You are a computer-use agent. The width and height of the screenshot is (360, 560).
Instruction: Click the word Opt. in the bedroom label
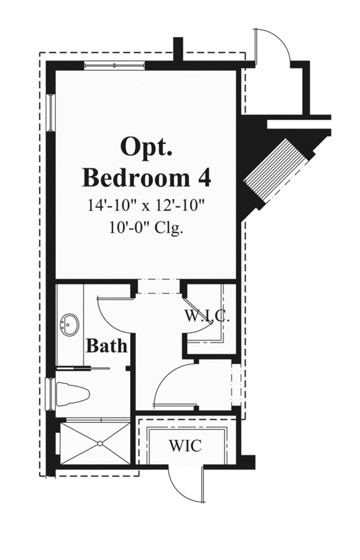click(x=146, y=147)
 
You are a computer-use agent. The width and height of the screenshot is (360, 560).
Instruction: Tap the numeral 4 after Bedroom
click(x=205, y=177)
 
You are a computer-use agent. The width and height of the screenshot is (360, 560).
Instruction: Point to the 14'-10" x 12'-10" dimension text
click(x=146, y=206)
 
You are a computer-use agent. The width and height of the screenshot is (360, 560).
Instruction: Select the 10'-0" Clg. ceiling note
click(x=146, y=228)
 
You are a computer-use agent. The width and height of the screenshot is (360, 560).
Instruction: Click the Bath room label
click(x=106, y=345)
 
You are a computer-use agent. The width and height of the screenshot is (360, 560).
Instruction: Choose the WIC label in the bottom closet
click(x=184, y=446)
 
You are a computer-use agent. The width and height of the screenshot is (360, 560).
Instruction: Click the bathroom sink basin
click(x=70, y=326)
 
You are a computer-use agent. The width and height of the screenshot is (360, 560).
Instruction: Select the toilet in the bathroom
click(x=73, y=394)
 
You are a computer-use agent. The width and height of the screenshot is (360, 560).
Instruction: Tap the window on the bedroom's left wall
click(x=52, y=113)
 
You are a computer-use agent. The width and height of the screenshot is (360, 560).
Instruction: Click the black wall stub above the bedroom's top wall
click(x=177, y=48)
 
